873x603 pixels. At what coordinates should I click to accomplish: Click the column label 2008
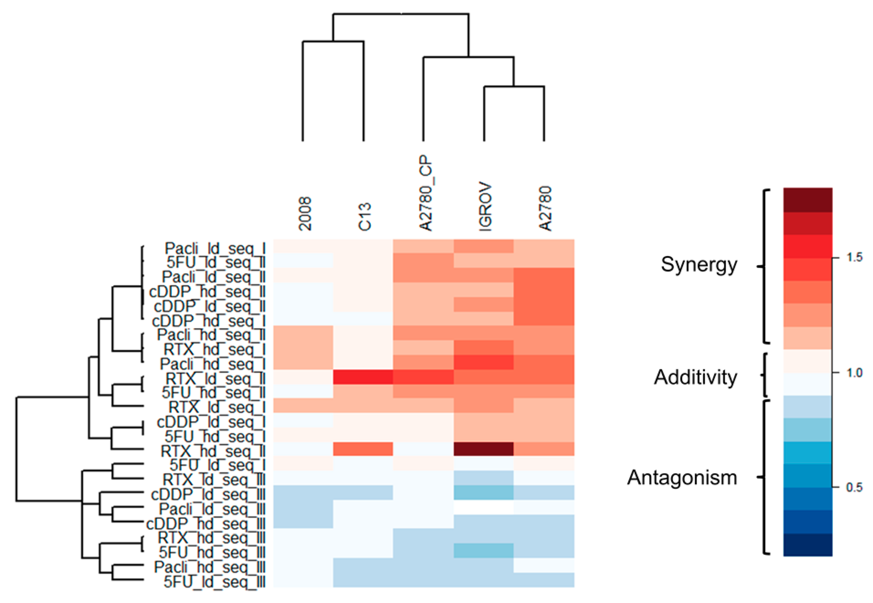click(304, 214)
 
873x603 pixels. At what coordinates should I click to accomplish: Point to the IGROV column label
click(485, 207)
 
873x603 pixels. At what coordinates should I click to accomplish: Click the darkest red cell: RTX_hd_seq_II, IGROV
click(484, 449)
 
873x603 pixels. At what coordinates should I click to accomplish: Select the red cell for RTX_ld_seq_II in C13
click(363, 377)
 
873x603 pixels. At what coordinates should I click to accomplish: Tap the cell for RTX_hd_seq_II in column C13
click(363, 449)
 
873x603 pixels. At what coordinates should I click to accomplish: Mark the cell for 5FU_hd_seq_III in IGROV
click(484, 550)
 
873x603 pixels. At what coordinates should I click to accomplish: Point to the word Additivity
click(695, 377)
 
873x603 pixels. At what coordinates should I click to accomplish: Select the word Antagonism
click(682, 478)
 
